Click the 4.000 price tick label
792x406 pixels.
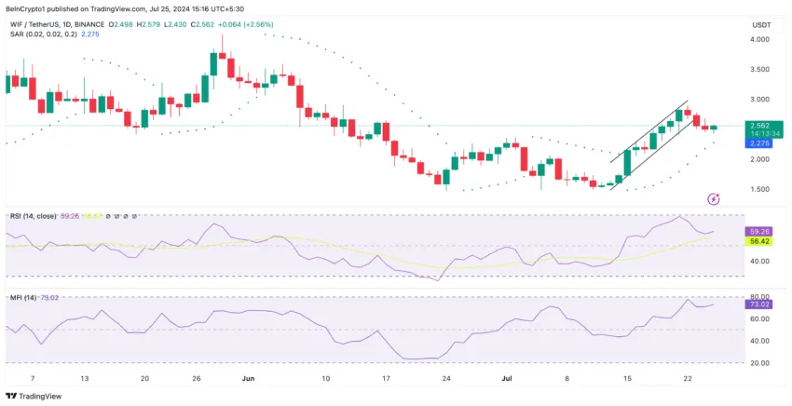click(x=758, y=40)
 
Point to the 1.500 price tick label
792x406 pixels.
click(x=758, y=189)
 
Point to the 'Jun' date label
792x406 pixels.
click(x=247, y=379)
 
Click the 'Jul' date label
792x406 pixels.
click(x=507, y=379)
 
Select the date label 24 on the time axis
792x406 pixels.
click(x=445, y=379)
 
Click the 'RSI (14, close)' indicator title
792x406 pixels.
click(x=33, y=215)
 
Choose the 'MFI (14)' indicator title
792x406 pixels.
click(x=23, y=297)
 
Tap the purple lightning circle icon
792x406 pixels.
click(x=714, y=198)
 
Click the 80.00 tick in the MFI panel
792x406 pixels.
click(x=758, y=296)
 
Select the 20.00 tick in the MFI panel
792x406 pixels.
click(x=758, y=363)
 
